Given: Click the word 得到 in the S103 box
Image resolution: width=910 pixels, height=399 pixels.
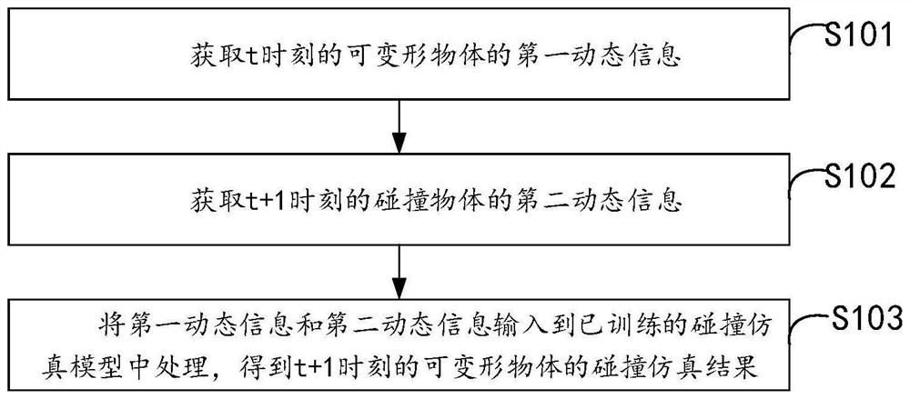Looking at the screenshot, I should [289, 353].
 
